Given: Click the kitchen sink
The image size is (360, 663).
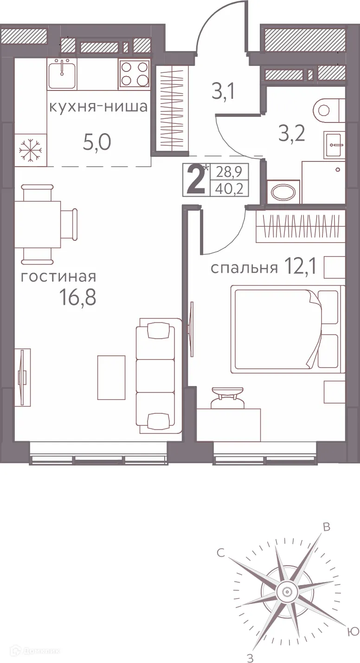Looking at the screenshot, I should pos(62,74).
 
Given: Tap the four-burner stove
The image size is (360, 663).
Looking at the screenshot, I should pos(135,74).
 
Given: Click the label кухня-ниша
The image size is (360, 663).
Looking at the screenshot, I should pos(98,107).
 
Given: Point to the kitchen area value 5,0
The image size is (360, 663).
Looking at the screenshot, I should pos(96,142).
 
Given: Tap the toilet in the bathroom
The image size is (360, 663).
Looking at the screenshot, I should pos(328,110).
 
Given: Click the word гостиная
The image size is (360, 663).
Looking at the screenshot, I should pos(58,277).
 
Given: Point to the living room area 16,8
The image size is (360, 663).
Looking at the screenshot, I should pos(77,297).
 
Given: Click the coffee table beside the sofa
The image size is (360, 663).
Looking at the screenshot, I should pos(111,377).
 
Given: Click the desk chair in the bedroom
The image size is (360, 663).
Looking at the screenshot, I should pos(227,399).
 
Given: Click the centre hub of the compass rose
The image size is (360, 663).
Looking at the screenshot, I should pos(285,592).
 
